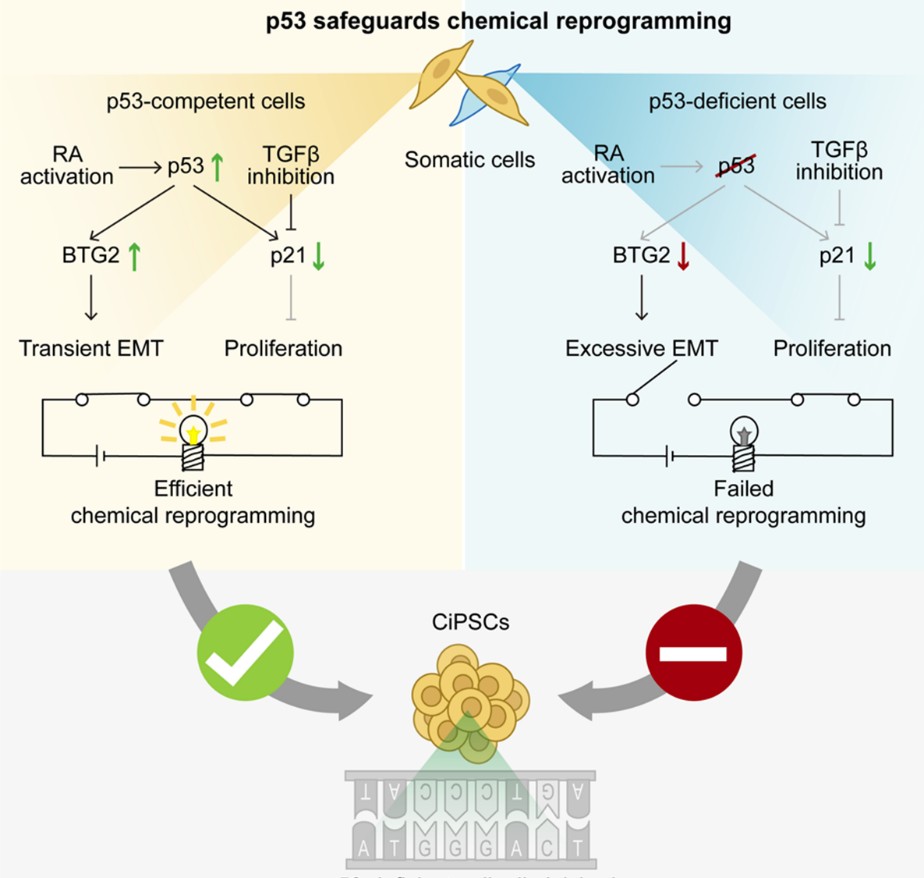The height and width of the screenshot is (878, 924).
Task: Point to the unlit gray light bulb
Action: pos(743,432)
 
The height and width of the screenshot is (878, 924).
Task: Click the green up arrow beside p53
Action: pos(220,166)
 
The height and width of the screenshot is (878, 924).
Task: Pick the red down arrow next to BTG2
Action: pos(683,257)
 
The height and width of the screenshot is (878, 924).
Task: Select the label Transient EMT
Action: pos(91,349)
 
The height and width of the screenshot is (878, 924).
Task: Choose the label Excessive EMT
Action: pos(641,349)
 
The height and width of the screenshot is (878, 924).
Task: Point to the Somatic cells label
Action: pos(469,160)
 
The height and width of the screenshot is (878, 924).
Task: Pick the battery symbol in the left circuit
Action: pos(100,455)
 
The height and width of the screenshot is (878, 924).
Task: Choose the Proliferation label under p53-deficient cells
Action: pos(832,349)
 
